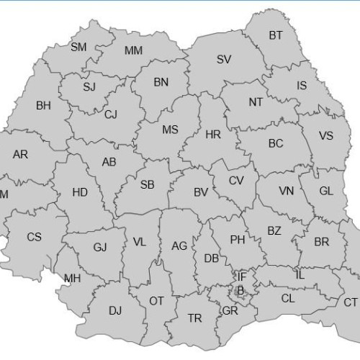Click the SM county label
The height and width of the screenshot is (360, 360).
click(78, 48)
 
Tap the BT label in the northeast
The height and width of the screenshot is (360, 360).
click(276, 35)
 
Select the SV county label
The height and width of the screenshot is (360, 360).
click(224, 60)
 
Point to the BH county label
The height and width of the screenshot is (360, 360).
click(43, 106)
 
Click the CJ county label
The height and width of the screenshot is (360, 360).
click(110, 114)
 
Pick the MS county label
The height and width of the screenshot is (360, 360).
click(170, 130)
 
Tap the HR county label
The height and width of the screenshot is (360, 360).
click(213, 135)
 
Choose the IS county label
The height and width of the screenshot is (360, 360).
click(301, 86)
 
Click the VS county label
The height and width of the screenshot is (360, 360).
click(326, 136)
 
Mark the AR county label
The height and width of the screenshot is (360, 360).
click(21, 154)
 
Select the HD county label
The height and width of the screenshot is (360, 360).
click(80, 192)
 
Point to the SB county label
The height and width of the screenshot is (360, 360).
click(147, 185)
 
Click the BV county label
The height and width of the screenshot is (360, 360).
click(201, 192)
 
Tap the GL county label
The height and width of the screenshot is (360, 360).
click(326, 192)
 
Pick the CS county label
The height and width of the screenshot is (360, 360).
click(34, 237)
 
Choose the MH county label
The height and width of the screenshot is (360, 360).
click(72, 279)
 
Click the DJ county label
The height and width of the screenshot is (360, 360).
click(115, 311)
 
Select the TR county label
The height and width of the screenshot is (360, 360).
click(195, 318)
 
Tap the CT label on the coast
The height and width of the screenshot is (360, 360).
click(350, 302)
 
